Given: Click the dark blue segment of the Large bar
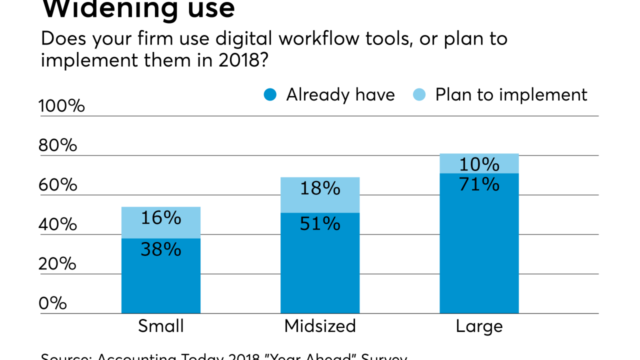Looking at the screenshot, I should tap(479, 250).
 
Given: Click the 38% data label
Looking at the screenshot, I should tap(161, 248).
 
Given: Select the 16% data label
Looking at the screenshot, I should tap(161, 217).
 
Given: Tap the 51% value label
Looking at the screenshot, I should tap(320, 223).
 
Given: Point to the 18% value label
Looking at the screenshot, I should tap(320, 188).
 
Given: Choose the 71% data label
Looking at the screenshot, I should tap(479, 184).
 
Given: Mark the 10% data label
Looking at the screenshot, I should tap(479, 164).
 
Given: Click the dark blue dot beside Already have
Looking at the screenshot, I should tap(270, 94).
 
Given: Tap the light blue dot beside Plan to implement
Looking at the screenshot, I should tap(419, 94).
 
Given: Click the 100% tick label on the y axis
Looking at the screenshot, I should tap(61, 106).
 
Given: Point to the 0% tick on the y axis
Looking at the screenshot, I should tap(52, 303).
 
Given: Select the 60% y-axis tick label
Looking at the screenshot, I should tap(58, 185).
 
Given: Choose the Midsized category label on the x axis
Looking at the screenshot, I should tap(320, 326).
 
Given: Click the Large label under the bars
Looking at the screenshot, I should tap(479, 326).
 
